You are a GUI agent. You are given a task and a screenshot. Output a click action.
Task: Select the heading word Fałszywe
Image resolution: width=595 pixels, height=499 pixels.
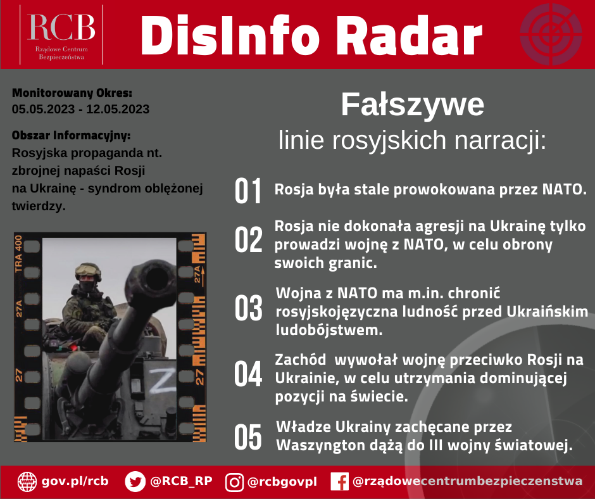coord(413,105)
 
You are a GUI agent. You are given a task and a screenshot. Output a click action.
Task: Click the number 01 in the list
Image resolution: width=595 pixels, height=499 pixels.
coord(248,191)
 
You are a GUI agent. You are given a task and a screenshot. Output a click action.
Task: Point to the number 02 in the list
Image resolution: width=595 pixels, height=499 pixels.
coord(248,239)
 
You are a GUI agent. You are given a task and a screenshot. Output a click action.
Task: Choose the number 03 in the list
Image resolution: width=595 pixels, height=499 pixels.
coord(248,308)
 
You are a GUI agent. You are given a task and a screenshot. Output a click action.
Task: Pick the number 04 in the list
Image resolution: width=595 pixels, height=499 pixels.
coord(248,374)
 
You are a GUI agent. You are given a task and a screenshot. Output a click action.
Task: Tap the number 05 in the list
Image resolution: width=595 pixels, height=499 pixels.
coord(248,437)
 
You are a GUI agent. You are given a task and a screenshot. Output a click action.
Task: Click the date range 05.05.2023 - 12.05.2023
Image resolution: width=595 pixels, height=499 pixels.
coord(81,109)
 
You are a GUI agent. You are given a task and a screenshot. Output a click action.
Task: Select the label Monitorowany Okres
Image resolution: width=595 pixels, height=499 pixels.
coord(72,93)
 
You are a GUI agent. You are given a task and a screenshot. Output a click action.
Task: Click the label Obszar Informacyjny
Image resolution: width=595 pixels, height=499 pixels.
coord(72,136)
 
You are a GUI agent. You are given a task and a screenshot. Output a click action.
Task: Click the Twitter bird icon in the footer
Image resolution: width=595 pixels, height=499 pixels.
coord(135,481)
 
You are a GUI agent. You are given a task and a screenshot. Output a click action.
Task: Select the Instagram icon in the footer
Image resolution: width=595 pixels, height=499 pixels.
coord(234,481)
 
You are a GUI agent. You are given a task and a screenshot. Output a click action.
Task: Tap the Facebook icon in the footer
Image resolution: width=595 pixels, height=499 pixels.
coord(340,481)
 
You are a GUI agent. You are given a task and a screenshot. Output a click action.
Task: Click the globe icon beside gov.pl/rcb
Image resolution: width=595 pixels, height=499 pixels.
coord(27,481)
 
